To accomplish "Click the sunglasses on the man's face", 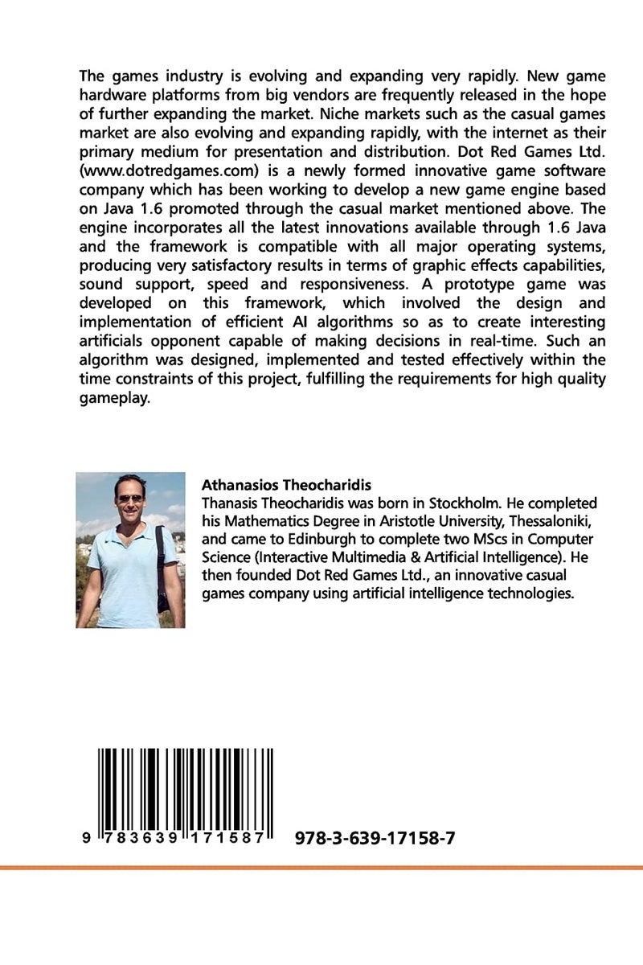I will point(129,499).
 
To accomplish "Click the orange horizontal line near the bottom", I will point(321,868).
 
